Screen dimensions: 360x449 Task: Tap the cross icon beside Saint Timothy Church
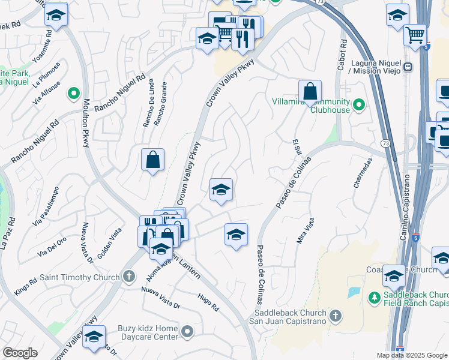(127, 277)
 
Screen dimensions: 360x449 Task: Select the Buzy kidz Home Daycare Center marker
(187, 331)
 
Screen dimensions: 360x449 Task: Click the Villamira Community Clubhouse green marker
(359, 106)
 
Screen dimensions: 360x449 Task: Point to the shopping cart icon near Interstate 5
(415, 35)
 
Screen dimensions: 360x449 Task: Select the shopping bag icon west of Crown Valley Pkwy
(153, 160)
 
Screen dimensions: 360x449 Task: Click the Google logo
(20, 353)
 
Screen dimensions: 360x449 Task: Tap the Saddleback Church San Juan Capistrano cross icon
(336, 314)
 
